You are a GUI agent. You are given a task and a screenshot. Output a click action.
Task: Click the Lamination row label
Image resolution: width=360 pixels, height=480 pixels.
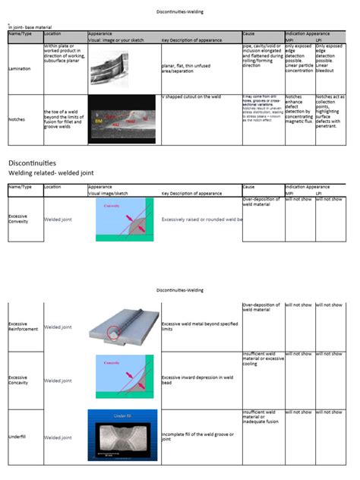[x=21, y=68]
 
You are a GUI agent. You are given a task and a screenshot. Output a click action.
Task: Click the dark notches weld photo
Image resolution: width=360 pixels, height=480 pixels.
[x=123, y=119]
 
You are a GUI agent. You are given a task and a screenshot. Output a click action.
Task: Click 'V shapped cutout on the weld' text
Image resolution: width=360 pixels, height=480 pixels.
[x=196, y=98]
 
